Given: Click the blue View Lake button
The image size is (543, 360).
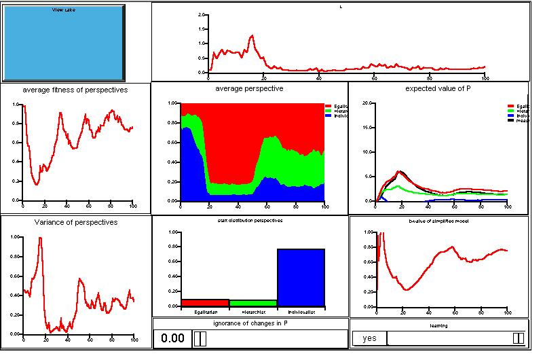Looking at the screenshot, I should [64, 43].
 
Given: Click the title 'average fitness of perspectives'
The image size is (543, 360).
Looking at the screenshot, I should [75, 90].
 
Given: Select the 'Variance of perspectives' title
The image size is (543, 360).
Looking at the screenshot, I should [75, 222].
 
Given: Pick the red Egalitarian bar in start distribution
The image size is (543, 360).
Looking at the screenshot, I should [205, 303].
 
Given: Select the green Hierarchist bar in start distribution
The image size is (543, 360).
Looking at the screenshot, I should [253, 303].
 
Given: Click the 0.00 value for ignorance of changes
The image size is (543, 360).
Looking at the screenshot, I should [172, 338].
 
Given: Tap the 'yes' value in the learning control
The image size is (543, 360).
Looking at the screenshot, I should [369, 338].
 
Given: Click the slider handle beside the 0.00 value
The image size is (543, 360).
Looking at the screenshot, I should [200, 338].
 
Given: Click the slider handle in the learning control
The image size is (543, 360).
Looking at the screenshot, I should [518, 338].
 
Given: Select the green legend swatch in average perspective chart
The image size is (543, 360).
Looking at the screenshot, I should [329, 111].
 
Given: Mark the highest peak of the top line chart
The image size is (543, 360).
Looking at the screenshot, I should [252, 35].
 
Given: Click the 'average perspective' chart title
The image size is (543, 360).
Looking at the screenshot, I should [249, 89].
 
